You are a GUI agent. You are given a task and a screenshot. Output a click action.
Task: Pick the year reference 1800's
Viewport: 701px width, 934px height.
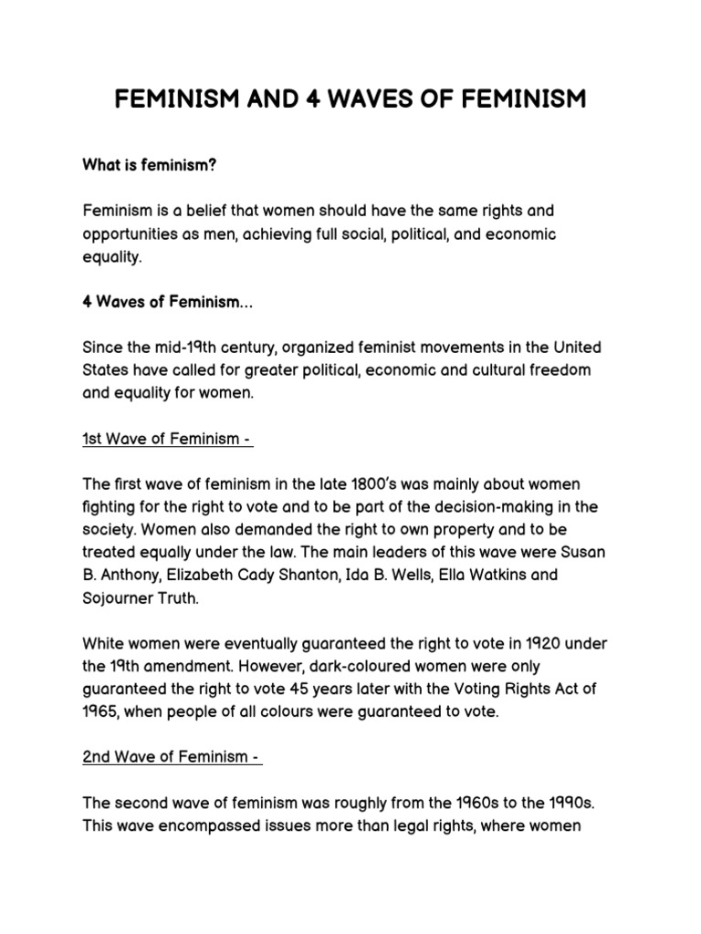350,483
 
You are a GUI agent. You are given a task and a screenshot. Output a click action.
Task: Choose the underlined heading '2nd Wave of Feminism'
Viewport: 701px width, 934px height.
173,757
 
